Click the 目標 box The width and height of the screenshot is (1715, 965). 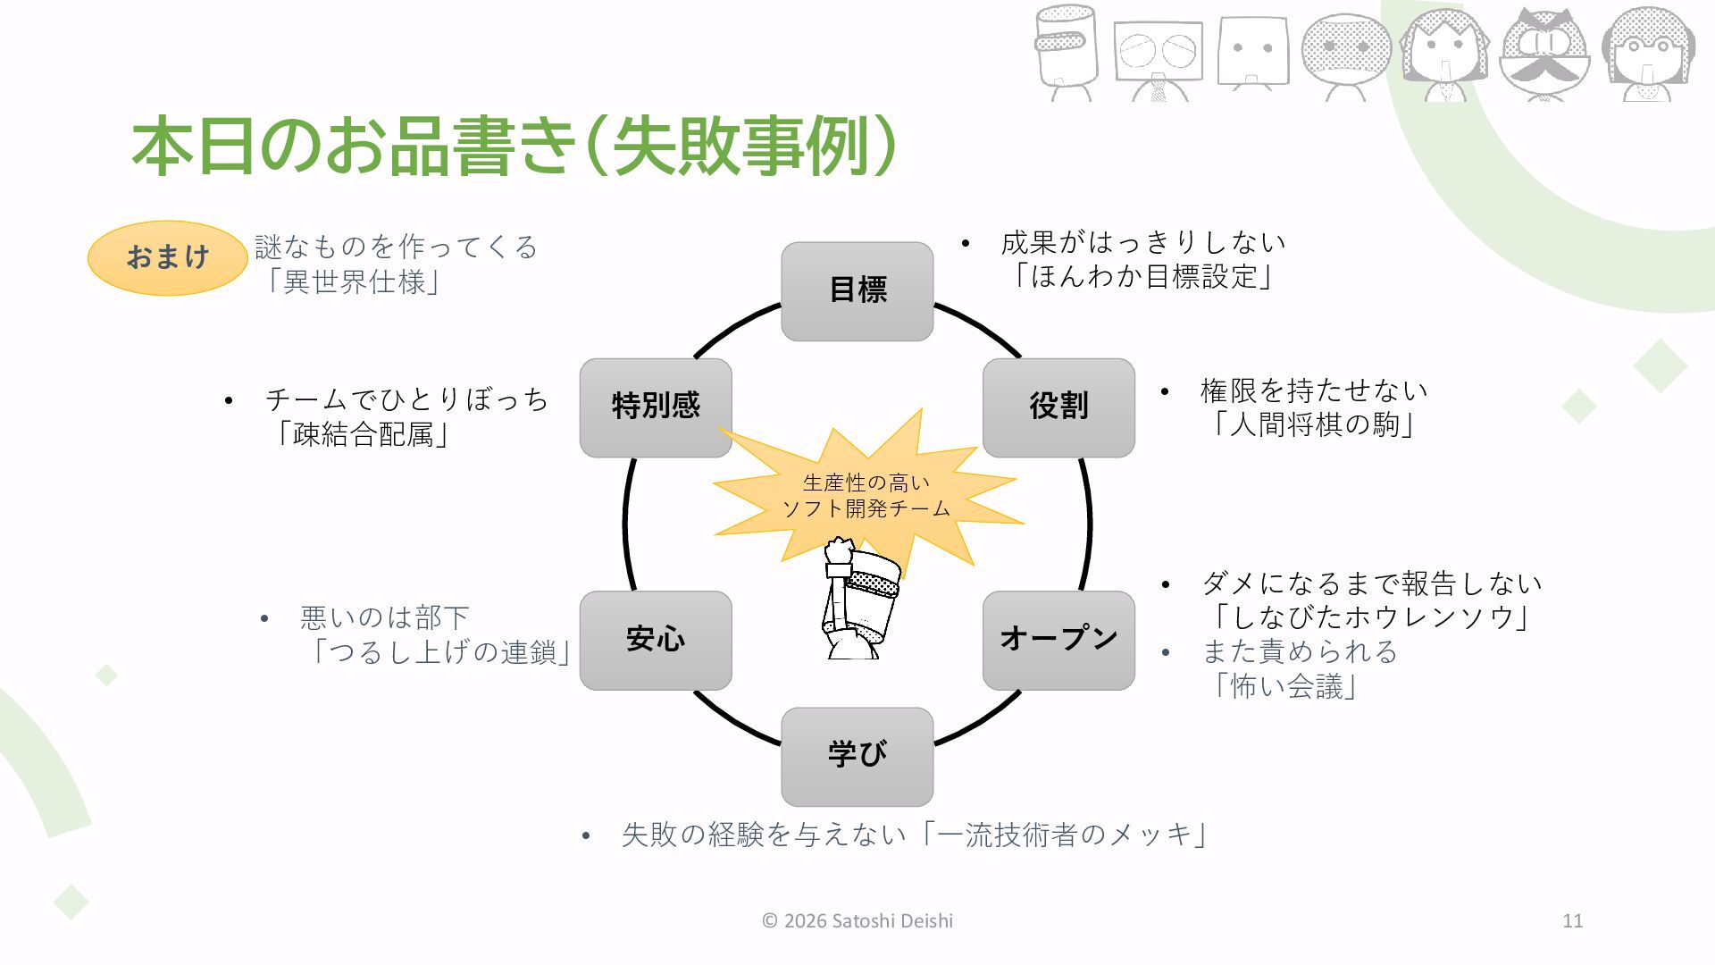(x=857, y=290)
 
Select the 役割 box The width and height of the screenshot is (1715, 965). (x=1058, y=407)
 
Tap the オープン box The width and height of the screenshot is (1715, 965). (x=1058, y=640)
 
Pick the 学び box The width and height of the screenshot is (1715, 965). (x=857, y=756)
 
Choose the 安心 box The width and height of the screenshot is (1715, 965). (x=656, y=640)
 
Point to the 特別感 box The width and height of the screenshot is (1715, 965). (x=656, y=407)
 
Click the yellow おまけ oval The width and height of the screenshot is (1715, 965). (x=167, y=257)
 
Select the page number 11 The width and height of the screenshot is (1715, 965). (x=1572, y=921)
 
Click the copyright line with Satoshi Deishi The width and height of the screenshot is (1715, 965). (x=857, y=921)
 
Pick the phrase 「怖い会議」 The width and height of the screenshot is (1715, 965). (x=1283, y=686)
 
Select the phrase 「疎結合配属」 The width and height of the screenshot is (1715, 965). (x=361, y=435)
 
